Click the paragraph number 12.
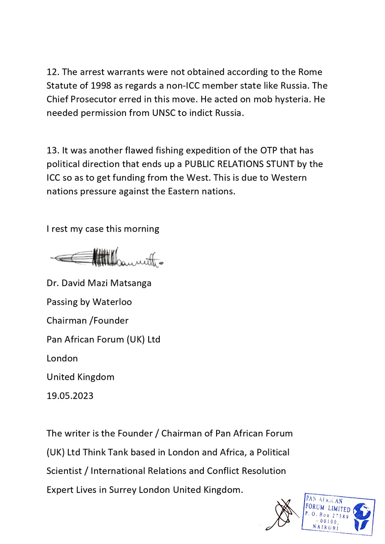click(x=53, y=72)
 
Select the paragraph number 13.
click(x=53, y=151)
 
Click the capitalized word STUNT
click(x=280, y=164)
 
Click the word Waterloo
click(x=112, y=302)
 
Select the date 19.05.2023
click(x=70, y=396)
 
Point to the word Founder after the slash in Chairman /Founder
click(x=111, y=321)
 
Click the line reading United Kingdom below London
click(x=80, y=377)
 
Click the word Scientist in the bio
click(x=64, y=471)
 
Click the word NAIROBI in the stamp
click(x=326, y=527)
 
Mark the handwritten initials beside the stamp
click(x=282, y=514)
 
